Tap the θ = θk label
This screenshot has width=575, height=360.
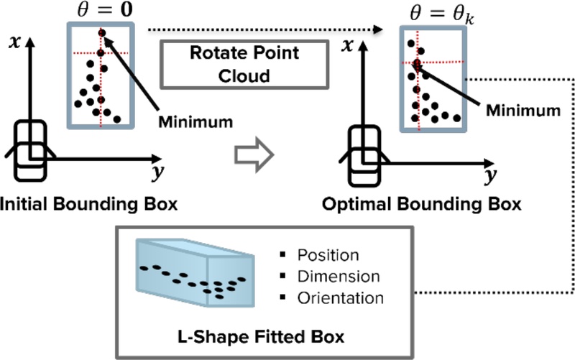(x=431, y=11)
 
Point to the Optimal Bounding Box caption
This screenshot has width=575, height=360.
(x=431, y=204)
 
